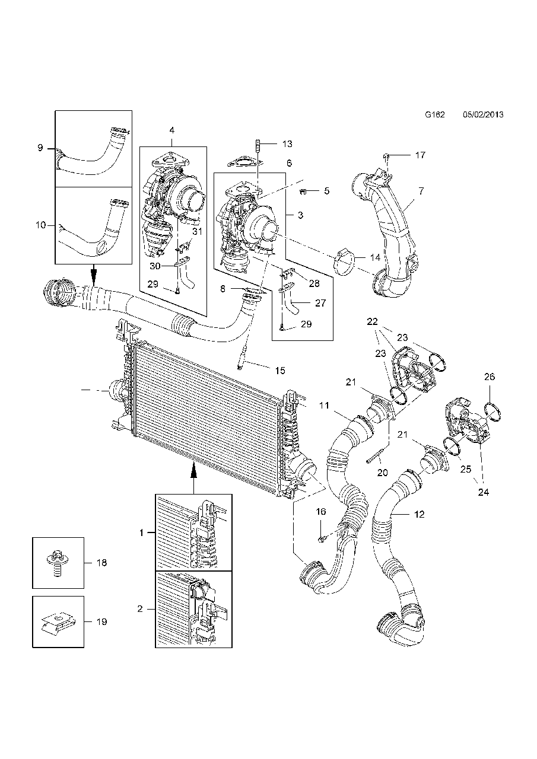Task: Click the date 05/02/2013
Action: [x=483, y=114]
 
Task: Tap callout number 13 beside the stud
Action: [x=287, y=144]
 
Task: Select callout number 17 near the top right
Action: [x=420, y=155]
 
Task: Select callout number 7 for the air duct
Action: [x=420, y=191]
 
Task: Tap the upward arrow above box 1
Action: [x=193, y=471]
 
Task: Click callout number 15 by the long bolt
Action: [x=280, y=371]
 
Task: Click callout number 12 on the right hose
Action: [x=420, y=515]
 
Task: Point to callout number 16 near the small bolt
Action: [x=320, y=511]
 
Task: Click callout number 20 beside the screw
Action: [x=382, y=473]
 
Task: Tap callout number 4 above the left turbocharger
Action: [x=171, y=130]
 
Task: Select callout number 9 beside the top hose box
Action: [x=40, y=148]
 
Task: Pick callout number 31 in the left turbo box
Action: [x=197, y=232]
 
